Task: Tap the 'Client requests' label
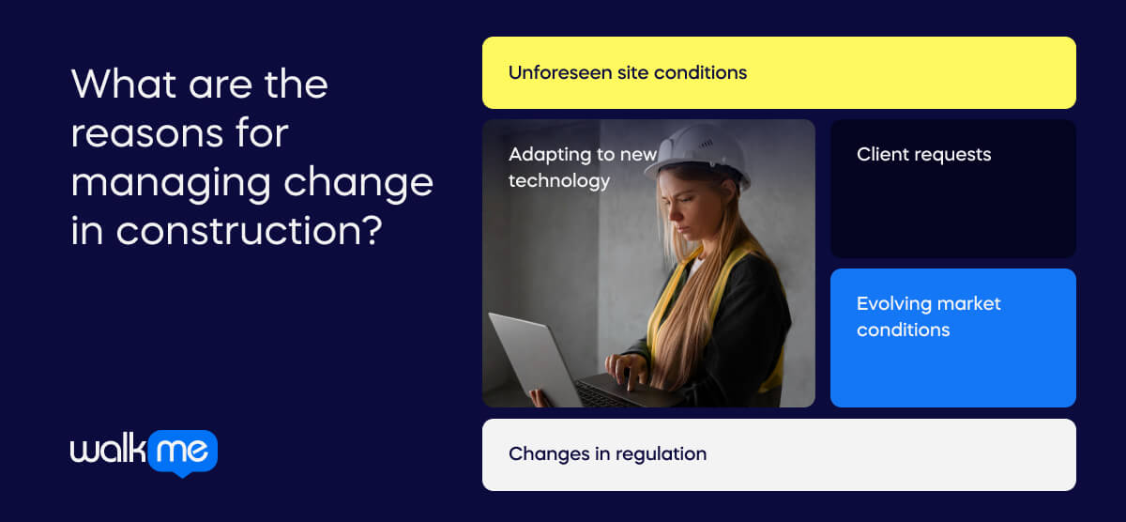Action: (924, 155)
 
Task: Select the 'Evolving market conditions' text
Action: (928, 316)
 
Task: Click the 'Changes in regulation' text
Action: (608, 454)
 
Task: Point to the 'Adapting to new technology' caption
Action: (583, 168)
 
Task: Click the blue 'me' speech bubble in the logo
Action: (183, 453)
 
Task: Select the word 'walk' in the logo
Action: (108, 449)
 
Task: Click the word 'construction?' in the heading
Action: (250, 231)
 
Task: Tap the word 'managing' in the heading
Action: (171, 184)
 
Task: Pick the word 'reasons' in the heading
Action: (146, 134)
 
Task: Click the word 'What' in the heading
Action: (124, 84)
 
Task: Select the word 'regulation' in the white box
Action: (661, 454)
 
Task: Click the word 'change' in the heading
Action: (358, 184)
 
